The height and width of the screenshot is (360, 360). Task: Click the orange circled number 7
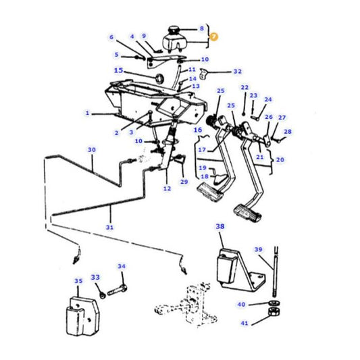[214, 38]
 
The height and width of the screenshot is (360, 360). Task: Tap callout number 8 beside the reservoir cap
[201, 28]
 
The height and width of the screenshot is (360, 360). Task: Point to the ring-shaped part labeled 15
[159, 79]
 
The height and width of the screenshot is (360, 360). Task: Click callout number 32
[237, 71]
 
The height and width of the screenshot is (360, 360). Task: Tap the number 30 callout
[92, 149]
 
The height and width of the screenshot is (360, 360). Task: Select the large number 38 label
[220, 227]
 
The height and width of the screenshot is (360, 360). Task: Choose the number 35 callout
[78, 280]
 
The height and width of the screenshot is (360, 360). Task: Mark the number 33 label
[95, 277]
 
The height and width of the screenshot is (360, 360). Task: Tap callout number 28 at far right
[288, 131]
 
